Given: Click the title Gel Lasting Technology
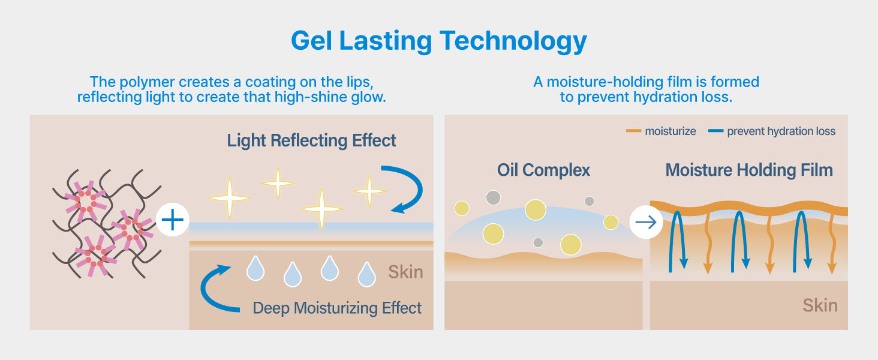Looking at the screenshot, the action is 438,41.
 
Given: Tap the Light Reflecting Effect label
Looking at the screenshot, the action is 312,140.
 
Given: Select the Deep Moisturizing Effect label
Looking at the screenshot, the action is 337,308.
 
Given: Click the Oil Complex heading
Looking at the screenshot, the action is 543,170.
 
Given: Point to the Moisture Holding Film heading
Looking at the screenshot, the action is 749,170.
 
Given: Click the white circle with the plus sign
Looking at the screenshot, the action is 173,220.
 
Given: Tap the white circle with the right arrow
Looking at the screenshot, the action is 646,223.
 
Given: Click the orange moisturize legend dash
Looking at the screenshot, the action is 633,131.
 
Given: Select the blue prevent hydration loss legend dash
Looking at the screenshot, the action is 715,131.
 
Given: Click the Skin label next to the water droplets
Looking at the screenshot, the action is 405,272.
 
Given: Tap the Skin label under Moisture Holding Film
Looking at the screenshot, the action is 820,305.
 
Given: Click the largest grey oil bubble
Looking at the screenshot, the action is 493,197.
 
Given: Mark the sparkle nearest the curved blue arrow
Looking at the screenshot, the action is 369,191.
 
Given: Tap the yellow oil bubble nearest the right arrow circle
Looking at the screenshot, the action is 611,223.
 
